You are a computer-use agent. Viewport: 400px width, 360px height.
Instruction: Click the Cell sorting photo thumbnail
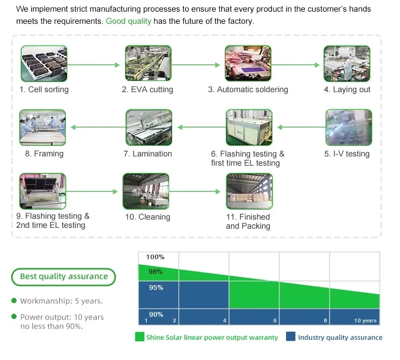(44, 64)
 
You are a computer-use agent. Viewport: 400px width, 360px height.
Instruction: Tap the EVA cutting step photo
(147, 64)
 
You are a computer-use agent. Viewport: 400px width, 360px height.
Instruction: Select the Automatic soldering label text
(248, 90)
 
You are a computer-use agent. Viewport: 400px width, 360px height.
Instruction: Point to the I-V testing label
(347, 154)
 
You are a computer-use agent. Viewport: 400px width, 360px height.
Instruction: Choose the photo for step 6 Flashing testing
(249, 128)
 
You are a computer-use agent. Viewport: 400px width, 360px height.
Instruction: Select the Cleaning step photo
(146, 191)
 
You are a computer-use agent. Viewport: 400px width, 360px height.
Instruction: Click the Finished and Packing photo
(249, 191)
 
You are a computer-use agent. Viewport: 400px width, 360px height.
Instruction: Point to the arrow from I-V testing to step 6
(299, 128)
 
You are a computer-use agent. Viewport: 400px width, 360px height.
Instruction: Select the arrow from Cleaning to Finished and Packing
(197, 191)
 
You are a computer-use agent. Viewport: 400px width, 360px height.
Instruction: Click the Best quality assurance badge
(64, 276)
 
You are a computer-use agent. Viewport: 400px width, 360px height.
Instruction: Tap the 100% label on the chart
(155, 257)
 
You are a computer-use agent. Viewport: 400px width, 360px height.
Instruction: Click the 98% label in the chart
(155, 272)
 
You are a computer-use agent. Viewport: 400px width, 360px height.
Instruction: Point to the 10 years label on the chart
(365, 321)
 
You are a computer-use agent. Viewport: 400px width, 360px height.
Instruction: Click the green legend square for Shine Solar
(139, 337)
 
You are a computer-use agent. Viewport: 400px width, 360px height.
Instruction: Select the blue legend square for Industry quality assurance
(291, 337)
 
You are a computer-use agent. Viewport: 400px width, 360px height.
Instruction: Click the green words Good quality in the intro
(128, 21)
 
